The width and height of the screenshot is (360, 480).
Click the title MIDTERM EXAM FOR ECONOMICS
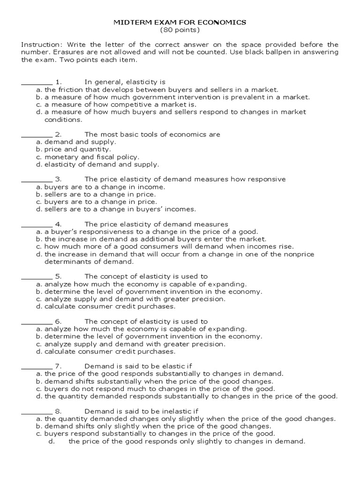(180, 22)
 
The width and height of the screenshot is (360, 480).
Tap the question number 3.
(59, 180)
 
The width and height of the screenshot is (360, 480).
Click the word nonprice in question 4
(299, 255)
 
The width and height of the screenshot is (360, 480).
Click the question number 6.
(59, 322)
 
